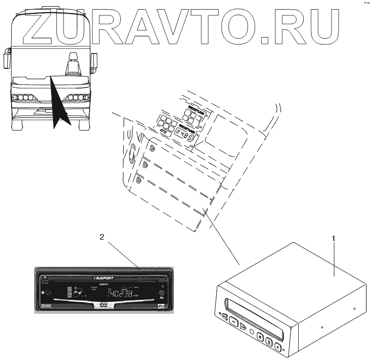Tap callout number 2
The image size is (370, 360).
(x=101, y=237)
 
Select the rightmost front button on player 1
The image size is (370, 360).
(x=278, y=345)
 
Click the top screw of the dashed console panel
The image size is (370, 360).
(x=151, y=147)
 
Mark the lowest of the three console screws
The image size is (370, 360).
(x=139, y=180)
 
